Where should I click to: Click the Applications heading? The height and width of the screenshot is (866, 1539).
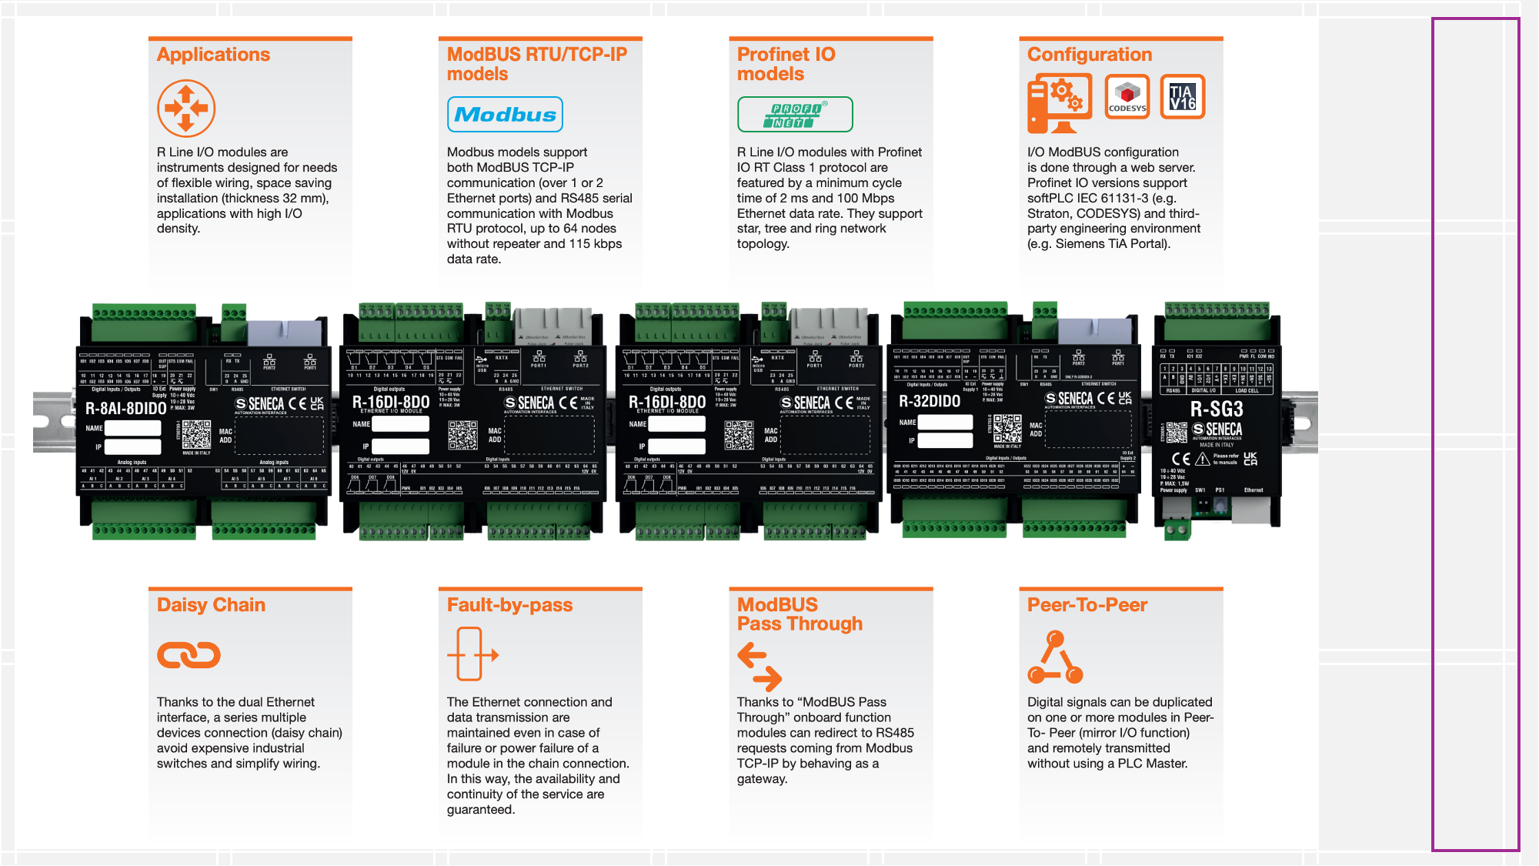click(x=213, y=55)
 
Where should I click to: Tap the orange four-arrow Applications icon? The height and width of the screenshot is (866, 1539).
click(x=186, y=109)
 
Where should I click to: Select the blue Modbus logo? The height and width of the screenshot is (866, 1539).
click(x=505, y=115)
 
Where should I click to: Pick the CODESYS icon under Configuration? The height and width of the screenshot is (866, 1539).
click(x=1127, y=97)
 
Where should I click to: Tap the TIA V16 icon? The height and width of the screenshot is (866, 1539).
click(x=1183, y=97)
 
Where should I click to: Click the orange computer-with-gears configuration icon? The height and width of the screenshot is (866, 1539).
click(x=1059, y=102)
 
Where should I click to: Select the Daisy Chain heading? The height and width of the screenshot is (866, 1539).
click(x=211, y=605)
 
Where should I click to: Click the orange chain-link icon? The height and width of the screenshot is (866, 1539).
click(x=189, y=655)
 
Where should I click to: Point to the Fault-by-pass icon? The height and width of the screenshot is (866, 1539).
click(x=472, y=654)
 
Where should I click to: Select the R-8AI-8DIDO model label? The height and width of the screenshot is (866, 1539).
click(x=125, y=408)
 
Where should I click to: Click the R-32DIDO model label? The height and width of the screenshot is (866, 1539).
click(x=930, y=401)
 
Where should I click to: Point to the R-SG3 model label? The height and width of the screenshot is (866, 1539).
click(x=1217, y=409)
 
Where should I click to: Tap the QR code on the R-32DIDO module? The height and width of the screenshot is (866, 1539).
click(x=1007, y=429)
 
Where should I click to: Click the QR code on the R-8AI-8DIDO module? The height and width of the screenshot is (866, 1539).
click(x=196, y=435)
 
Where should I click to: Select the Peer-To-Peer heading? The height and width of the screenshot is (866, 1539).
click(x=1087, y=605)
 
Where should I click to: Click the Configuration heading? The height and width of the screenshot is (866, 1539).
click(x=1090, y=55)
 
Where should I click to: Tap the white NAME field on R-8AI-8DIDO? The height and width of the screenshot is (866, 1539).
click(x=133, y=428)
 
